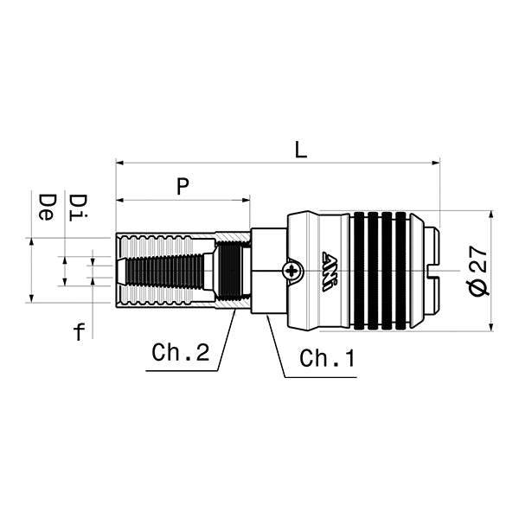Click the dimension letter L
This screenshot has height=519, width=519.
tap(300, 149)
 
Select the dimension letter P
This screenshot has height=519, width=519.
tap(183, 186)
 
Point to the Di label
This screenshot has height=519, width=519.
tap(78, 206)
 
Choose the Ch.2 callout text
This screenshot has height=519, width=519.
tap(180, 353)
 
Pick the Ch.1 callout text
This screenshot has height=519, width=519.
tap(327, 357)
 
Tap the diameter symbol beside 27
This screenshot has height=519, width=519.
tap(478, 288)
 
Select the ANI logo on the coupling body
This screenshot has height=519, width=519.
tap(331, 271)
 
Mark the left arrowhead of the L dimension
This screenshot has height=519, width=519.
tap(119, 162)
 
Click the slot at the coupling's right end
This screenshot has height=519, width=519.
tap(435, 271)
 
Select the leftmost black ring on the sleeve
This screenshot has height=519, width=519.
tap(360, 271)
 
